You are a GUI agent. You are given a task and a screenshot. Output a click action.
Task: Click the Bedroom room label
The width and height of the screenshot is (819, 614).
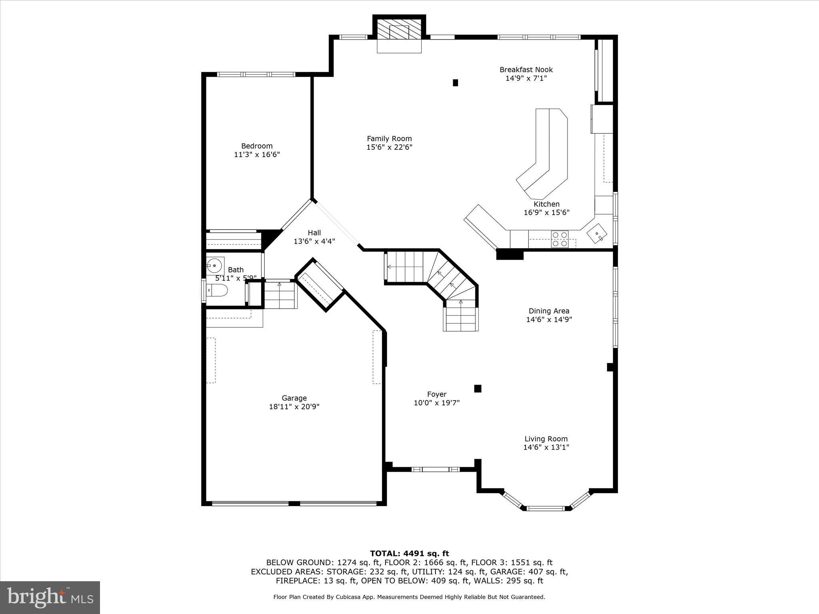[257, 146]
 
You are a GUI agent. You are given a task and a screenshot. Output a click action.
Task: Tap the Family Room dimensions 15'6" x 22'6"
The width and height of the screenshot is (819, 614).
[389, 147]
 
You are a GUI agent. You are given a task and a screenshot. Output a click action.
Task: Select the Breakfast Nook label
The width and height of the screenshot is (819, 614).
[526, 70]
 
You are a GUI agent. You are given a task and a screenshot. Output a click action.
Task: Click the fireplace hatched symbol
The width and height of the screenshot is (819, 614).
[399, 30]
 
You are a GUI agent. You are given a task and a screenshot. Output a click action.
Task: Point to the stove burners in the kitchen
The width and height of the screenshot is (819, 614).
[559, 239]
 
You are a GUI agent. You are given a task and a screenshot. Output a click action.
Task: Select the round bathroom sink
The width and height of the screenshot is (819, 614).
[215, 265]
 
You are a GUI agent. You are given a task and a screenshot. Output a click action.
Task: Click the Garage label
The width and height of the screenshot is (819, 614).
[294, 398]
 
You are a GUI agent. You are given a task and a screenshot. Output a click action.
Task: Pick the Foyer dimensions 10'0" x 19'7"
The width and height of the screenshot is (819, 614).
[436, 403]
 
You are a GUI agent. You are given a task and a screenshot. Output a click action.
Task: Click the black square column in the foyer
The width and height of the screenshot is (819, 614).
[477, 389]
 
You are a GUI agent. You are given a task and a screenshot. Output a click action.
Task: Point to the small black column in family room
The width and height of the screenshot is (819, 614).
[455, 83]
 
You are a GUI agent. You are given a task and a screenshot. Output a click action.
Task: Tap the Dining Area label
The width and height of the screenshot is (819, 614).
[549, 311]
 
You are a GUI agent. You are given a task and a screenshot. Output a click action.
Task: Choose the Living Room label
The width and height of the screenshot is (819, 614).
[546, 439]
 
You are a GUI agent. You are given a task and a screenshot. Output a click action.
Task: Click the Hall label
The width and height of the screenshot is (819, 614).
[314, 233]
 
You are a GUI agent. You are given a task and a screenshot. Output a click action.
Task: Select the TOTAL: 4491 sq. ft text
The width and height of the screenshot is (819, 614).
[409, 554]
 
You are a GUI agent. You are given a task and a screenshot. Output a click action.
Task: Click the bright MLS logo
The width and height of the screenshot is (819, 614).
[50, 597]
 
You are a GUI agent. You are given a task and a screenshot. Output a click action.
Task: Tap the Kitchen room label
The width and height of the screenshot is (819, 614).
[546, 204]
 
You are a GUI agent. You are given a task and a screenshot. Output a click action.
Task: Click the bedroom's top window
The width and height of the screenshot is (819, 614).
[256, 74]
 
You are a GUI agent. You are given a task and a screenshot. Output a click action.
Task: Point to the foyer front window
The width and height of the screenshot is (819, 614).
[435, 469]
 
